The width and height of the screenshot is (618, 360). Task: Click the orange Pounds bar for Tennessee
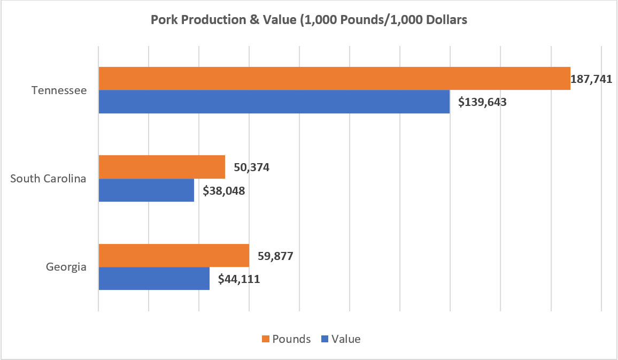pyautogui.click(x=334, y=78)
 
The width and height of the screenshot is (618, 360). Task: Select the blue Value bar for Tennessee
pyautogui.click(x=274, y=102)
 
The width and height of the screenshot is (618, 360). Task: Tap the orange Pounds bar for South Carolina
pyautogui.click(x=162, y=167)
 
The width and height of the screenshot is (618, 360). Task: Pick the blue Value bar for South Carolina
pyautogui.click(x=146, y=190)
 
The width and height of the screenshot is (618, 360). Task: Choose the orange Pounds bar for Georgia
pyautogui.click(x=174, y=255)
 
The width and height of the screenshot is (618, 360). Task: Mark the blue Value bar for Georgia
pyautogui.click(x=154, y=278)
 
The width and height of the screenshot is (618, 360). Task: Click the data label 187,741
pyautogui.click(x=592, y=79)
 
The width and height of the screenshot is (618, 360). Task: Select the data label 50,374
pyautogui.click(x=251, y=167)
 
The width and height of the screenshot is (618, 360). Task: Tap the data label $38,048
pyautogui.click(x=224, y=190)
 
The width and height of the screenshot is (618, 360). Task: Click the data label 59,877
pyautogui.click(x=276, y=256)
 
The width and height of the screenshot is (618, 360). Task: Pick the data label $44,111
pyautogui.click(x=239, y=279)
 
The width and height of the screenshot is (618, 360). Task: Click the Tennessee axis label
pyautogui.click(x=59, y=90)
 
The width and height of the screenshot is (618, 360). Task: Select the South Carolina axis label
pyautogui.click(x=49, y=179)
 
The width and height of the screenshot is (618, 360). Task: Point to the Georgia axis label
pyautogui.click(x=67, y=267)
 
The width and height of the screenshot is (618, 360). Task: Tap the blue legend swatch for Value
pyautogui.click(x=325, y=339)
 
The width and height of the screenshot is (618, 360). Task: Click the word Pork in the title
pyautogui.click(x=163, y=20)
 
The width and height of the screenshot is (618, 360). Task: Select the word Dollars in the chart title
pyautogui.click(x=445, y=20)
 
